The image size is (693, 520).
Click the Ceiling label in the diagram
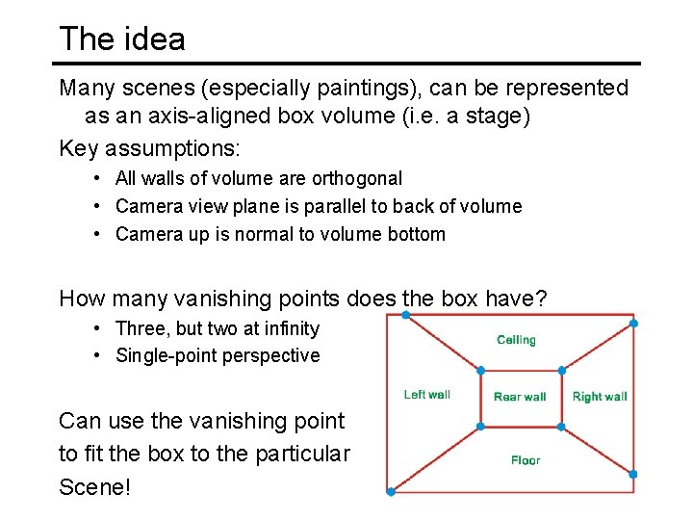point(516,340)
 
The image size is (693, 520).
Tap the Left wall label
point(426,395)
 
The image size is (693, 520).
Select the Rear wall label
point(520,397)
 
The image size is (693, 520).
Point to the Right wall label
point(600,397)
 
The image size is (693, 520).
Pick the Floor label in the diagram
point(526,460)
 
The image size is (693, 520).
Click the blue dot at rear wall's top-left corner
point(481,370)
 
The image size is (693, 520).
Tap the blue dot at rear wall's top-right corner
point(561,370)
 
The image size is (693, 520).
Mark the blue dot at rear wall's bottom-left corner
point(481,427)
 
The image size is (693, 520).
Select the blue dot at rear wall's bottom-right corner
point(561,427)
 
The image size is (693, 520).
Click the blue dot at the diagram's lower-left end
point(390,492)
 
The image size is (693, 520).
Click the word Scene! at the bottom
point(94,486)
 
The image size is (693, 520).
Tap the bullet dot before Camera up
point(99,234)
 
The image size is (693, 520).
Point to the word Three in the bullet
point(138,328)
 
